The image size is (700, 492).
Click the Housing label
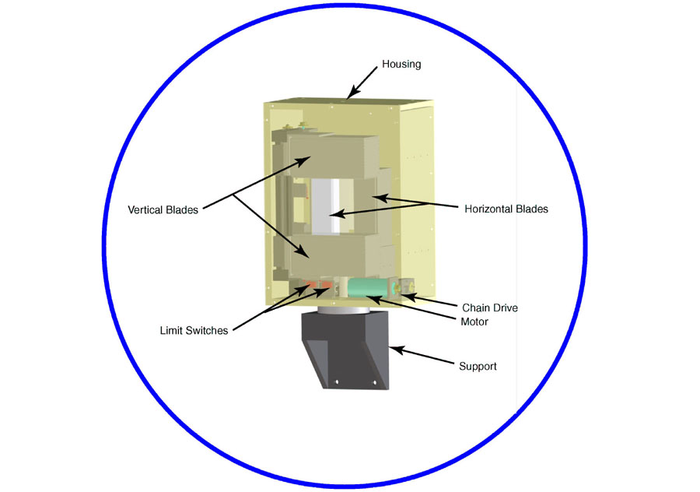pos(401,65)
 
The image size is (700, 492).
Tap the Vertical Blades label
pos(163,210)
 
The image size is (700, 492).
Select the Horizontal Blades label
pos(506,209)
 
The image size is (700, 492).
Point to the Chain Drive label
pos(490,308)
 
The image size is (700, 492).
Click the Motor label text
pos(474,322)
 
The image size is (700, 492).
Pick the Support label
pos(478,367)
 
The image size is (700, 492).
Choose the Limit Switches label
pos(194,331)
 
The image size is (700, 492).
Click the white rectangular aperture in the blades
pos(325,206)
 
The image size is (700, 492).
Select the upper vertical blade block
pos(333,156)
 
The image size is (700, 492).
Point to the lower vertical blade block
pos(328,255)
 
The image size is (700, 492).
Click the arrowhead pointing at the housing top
pos(352,93)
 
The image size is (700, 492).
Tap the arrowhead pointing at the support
pos(397,350)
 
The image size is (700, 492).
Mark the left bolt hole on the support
pos(337,382)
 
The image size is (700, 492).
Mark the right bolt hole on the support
pos(375,383)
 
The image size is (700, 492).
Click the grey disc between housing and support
pos(344,310)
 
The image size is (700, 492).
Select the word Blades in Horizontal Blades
pos(532,209)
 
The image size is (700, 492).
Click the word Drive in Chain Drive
pos(503,308)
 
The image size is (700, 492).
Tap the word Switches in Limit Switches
pos(207,331)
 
